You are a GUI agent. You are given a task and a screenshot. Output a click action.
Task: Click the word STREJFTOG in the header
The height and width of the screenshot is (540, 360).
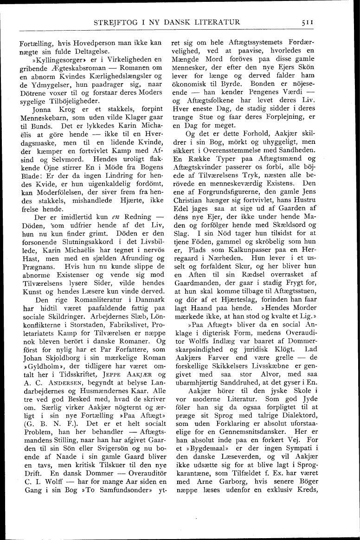115,22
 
